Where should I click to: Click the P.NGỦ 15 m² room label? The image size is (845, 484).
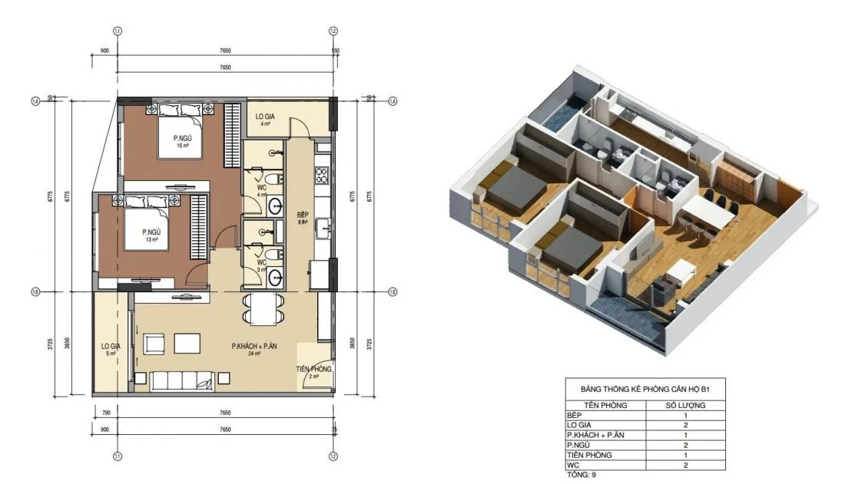[183, 142]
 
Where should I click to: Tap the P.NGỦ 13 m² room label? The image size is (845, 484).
[150, 235]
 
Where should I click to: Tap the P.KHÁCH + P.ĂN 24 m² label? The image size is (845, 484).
[254, 350]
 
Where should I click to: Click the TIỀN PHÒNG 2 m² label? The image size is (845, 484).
[314, 373]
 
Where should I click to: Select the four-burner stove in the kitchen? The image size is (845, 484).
[322, 175]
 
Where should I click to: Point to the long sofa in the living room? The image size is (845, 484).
[183, 380]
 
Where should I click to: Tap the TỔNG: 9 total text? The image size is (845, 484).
[580, 475]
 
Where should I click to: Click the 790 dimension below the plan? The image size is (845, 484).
[104, 413]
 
